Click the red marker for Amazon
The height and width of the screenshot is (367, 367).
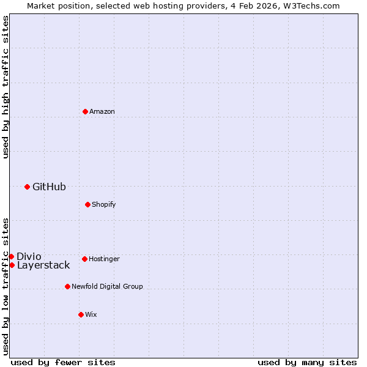click(86, 111)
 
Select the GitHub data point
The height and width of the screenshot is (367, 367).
click(27, 187)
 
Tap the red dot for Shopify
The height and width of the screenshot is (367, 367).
click(87, 204)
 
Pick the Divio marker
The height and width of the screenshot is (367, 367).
click(11, 256)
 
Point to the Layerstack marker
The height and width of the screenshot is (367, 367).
click(12, 265)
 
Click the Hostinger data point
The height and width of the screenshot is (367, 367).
click(84, 259)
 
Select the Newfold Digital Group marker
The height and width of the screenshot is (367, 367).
click(67, 286)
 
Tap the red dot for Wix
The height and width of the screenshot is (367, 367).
click(81, 314)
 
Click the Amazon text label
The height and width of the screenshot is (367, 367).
click(102, 111)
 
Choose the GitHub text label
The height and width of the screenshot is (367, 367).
click(49, 187)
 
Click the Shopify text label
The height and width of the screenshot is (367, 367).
click(104, 204)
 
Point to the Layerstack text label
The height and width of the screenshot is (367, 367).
click(43, 265)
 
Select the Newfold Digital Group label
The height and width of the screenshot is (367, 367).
click(107, 286)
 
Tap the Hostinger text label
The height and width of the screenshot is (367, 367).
click(104, 259)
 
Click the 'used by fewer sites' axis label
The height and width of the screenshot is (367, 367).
click(63, 362)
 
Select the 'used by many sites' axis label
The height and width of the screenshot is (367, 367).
click(307, 362)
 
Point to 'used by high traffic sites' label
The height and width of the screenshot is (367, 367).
click(6, 87)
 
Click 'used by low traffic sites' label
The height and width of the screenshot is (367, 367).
click(6, 286)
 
